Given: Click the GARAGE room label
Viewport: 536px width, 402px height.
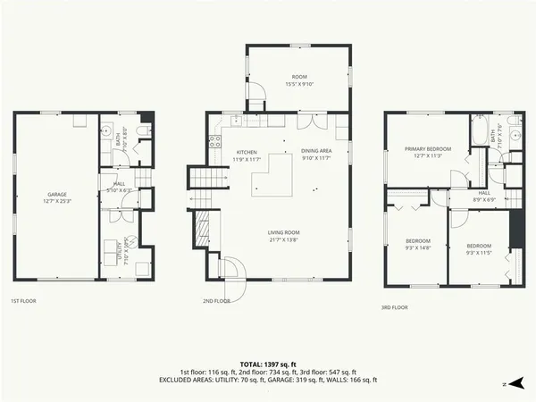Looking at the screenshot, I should coord(56,194).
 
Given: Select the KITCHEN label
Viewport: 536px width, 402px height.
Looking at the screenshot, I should coord(247,152).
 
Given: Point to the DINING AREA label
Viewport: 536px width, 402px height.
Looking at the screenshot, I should coord(316,151).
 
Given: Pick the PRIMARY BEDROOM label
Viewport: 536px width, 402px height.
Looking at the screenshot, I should coord(427,148).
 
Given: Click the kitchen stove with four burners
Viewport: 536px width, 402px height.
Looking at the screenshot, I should coord(214,139).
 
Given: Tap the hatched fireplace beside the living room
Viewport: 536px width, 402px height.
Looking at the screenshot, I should coord(205,234).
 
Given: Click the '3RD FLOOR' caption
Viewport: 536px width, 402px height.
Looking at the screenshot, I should coord(394,307).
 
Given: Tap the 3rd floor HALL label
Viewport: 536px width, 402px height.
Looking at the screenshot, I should coord(483,192).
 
